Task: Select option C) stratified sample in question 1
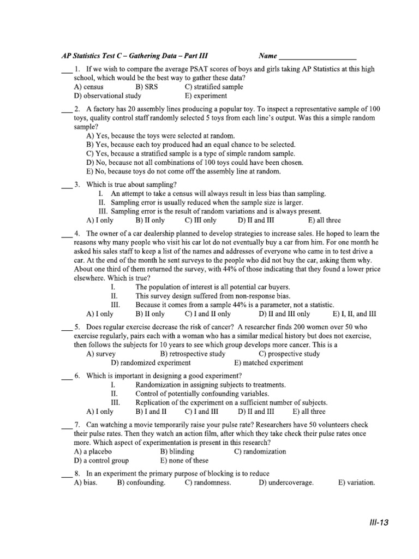(x=214, y=87)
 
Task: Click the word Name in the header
(x=268, y=56)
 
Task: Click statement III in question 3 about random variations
(x=210, y=211)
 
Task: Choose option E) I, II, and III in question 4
(x=354, y=314)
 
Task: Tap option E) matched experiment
(x=268, y=362)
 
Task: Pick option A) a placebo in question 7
(x=93, y=451)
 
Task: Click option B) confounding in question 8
(x=141, y=483)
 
